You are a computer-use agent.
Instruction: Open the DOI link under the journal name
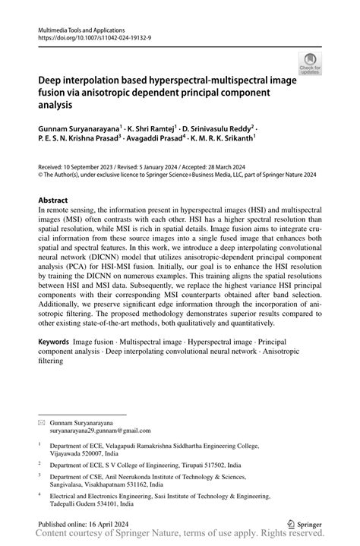[90, 35]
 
